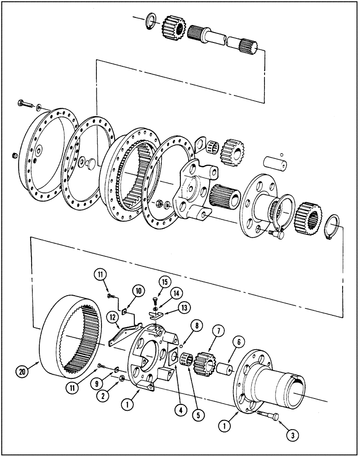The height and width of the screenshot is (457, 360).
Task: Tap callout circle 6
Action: pos(238,342)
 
